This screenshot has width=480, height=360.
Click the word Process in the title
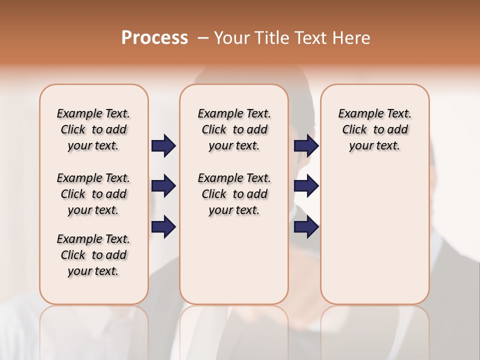154,38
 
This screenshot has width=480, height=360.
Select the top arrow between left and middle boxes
163,146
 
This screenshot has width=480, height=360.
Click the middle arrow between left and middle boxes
163,186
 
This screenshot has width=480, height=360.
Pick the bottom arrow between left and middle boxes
163,226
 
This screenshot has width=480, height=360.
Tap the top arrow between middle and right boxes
306,146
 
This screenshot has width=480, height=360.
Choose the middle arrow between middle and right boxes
306,186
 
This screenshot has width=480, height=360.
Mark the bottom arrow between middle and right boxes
306,226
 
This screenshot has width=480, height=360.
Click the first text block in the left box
93,129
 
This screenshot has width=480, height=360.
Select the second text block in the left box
93,194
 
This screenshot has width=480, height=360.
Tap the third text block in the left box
93,255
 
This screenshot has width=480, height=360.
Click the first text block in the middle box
234,129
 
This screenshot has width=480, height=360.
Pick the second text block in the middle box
234,194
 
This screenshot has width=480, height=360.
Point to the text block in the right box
375,129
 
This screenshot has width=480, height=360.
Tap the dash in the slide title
203,38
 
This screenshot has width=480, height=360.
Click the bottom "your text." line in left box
93,271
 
